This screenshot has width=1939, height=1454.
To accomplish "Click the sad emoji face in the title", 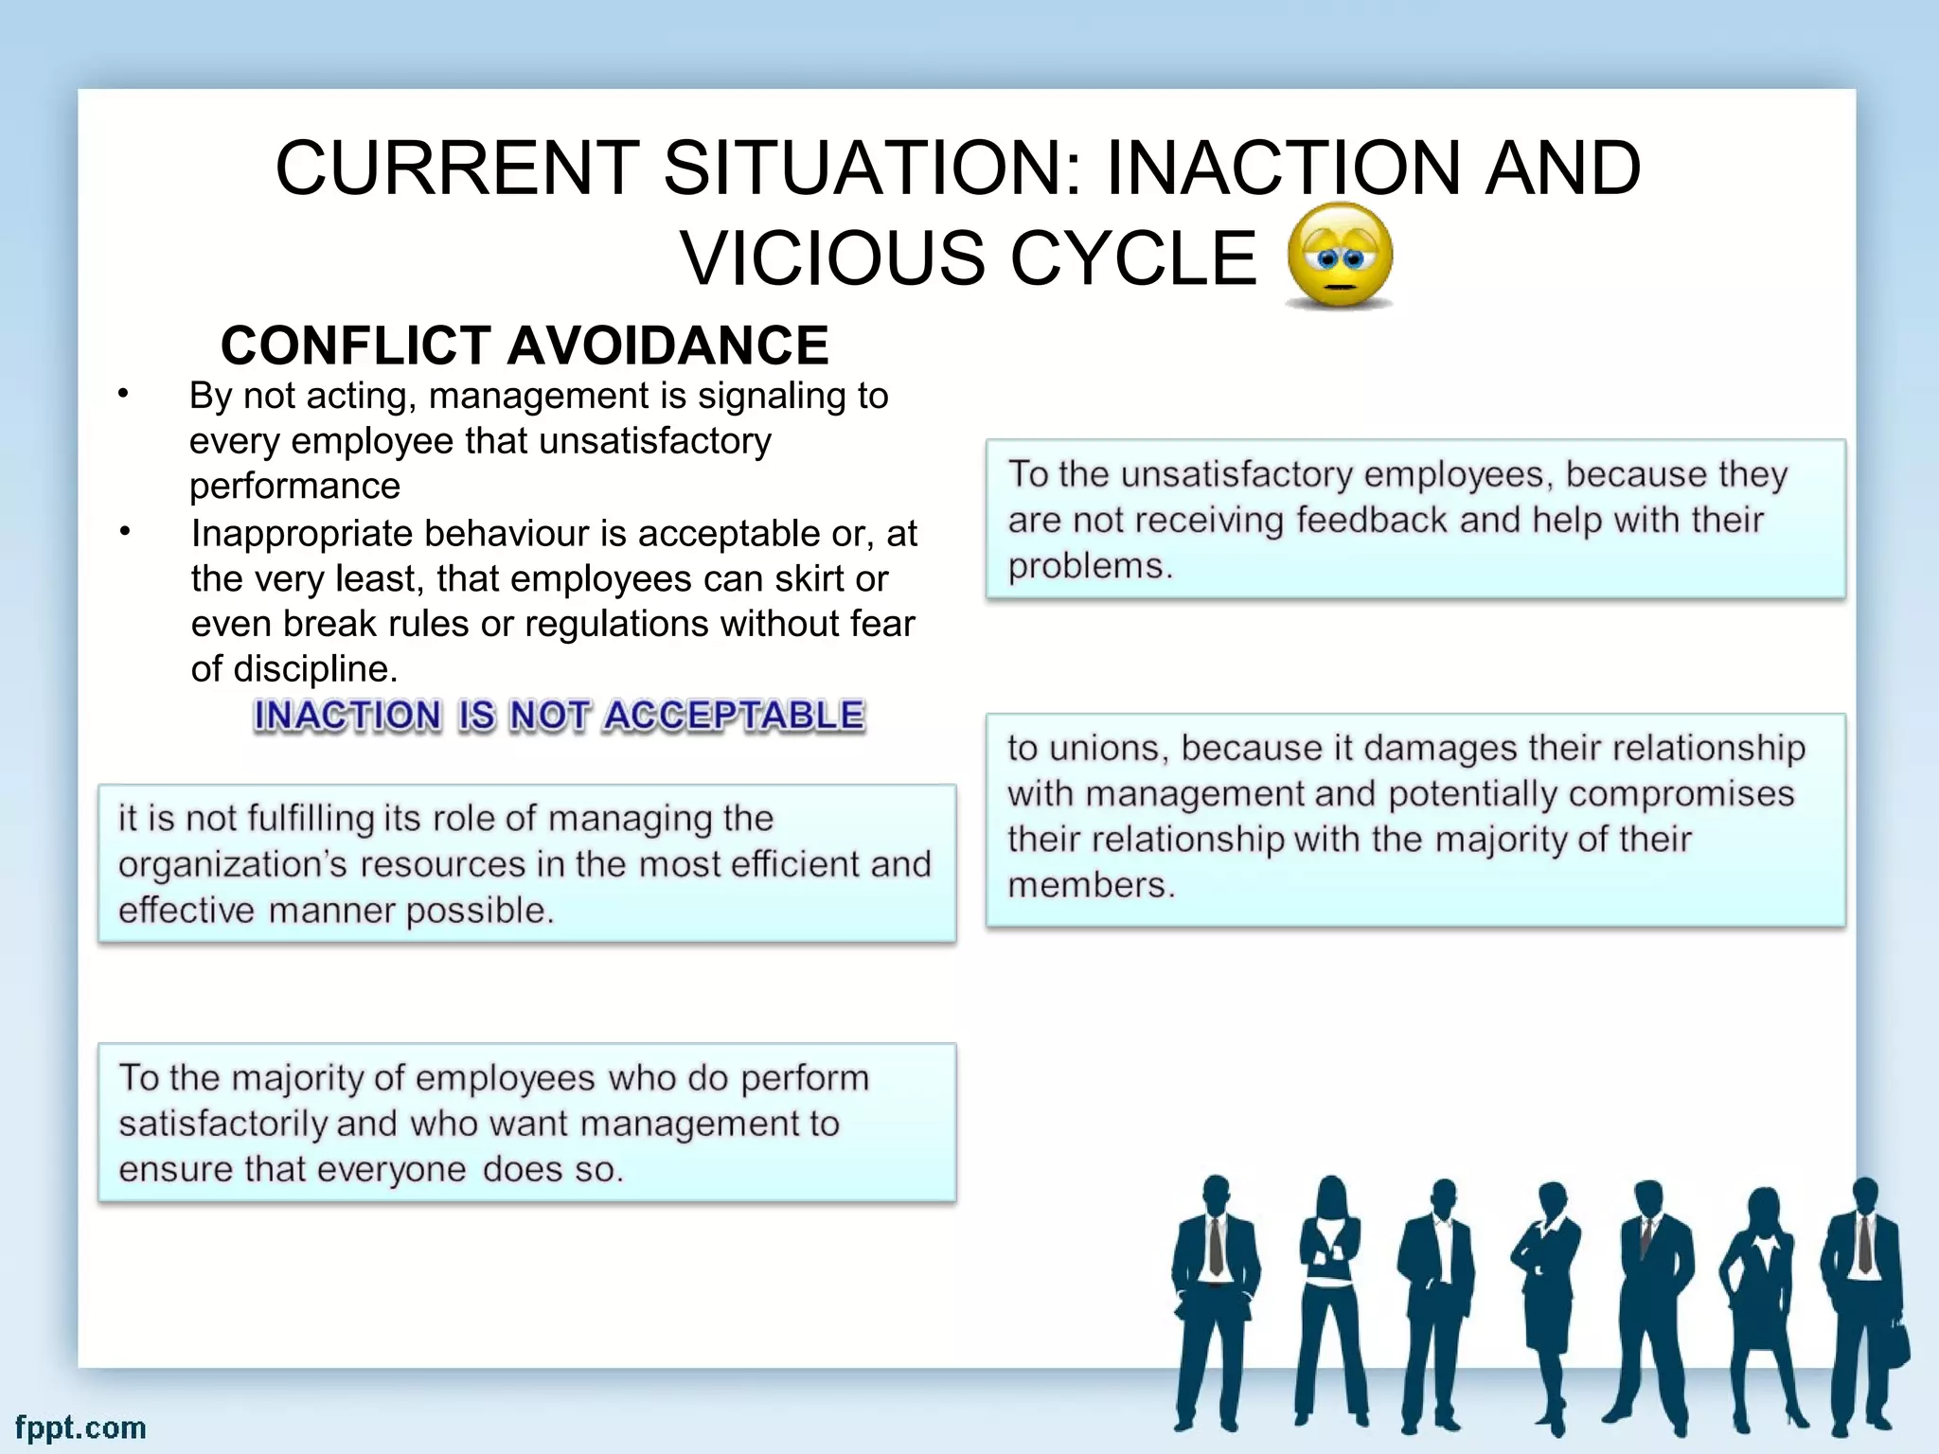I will click(x=1340, y=255).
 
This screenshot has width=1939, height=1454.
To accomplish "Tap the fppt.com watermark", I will click(x=80, y=1427).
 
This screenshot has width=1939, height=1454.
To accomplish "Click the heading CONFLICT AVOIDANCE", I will click(x=525, y=345).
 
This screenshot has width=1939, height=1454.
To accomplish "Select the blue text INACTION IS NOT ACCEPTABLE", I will click(x=559, y=716).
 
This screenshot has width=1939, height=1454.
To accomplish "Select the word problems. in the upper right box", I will click(x=1090, y=566).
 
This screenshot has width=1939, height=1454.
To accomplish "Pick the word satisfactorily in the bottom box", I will click(x=222, y=1124).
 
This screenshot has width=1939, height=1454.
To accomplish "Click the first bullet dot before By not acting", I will click(x=123, y=394).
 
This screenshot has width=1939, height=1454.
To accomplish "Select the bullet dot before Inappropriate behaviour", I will click(x=124, y=532).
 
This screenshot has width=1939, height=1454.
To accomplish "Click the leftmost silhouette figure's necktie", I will click(x=1216, y=1245).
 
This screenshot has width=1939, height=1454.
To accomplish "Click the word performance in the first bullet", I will click(x=294, y=487).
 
